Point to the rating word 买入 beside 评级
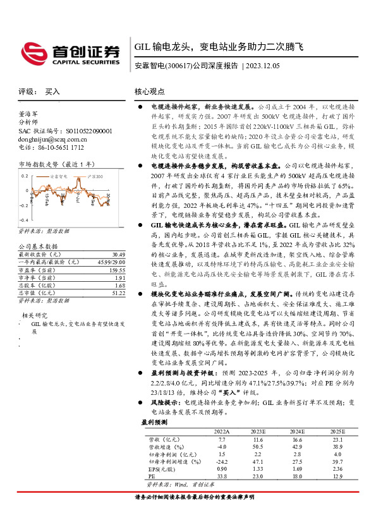(52, 92)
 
